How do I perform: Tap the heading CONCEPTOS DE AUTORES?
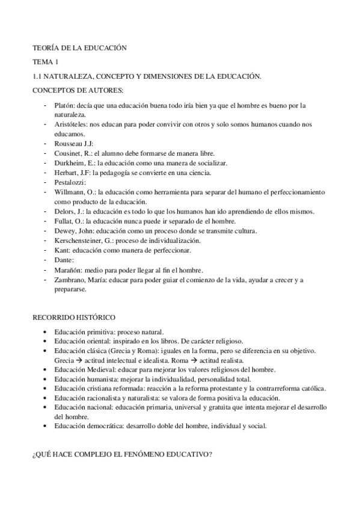(x=78, y=90)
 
